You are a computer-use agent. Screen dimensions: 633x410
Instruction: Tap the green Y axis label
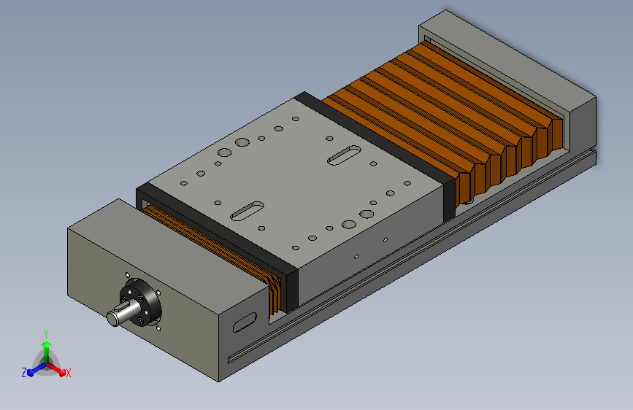point(46,334)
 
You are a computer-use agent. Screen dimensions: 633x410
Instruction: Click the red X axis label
point(68,374)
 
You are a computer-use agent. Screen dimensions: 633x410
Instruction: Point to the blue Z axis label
point(24,373)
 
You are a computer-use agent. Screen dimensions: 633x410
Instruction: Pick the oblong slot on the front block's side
point(245,322)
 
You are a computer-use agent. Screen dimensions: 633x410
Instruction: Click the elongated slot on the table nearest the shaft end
point(247,211)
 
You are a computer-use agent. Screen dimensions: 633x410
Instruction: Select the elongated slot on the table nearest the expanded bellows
point(344,155)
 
